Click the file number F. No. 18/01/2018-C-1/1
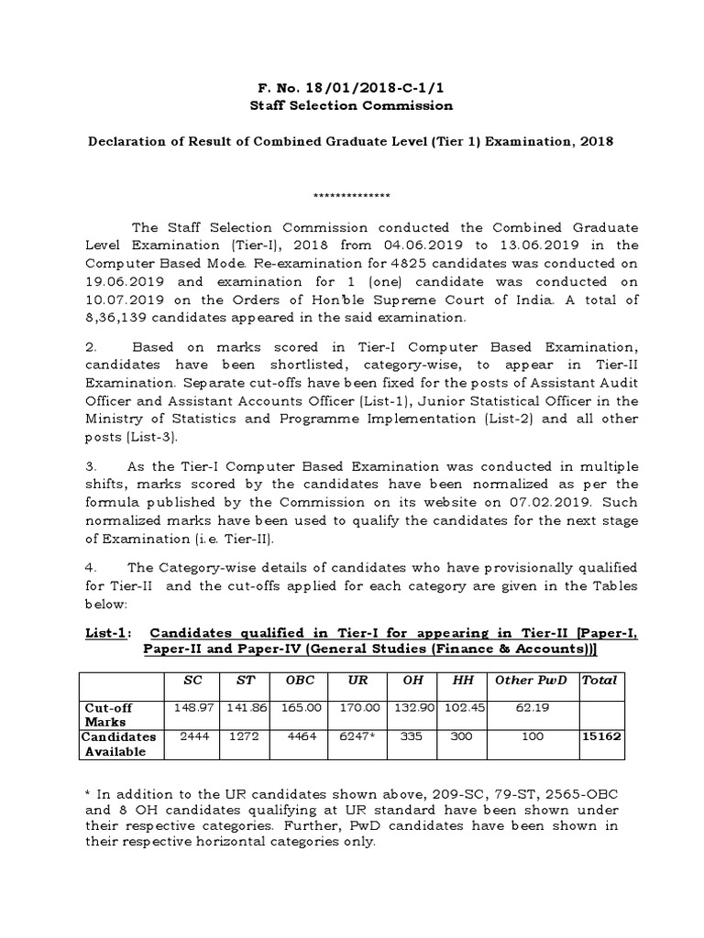[352, 88]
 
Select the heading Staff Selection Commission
[352, 105]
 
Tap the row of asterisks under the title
[352, 195]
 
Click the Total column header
[600, 680]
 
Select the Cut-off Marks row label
[109, 714]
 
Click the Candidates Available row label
[119, 744]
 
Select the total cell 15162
[600, 736]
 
